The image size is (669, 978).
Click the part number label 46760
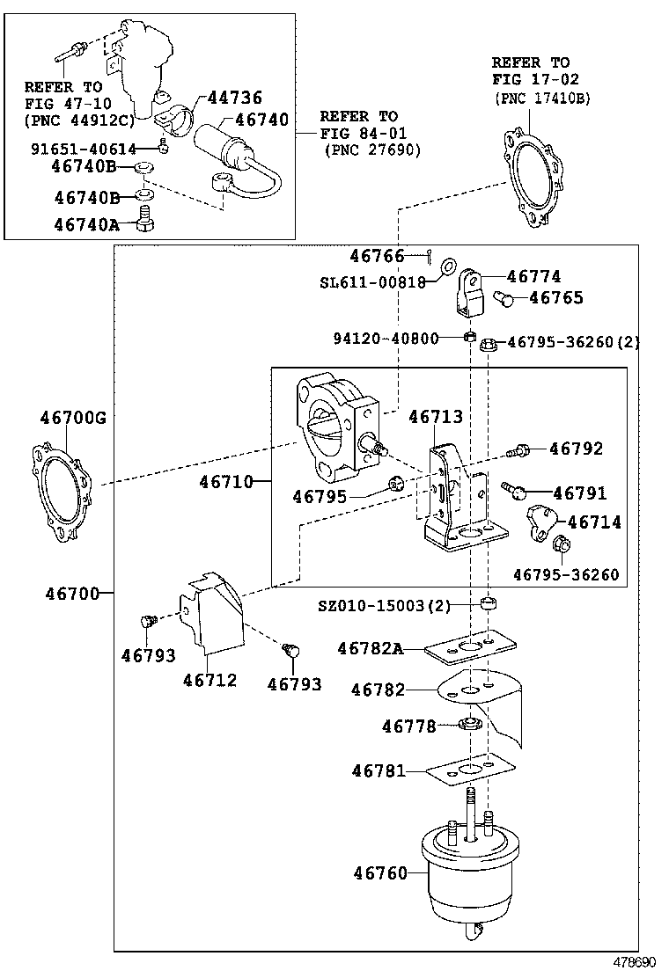(380, 873)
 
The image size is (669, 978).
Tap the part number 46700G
(72, 417)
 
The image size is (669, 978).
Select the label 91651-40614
(84, 150)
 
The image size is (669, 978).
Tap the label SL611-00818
(371, 281)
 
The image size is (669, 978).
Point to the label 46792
(576, 449)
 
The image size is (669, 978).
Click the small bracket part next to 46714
(538, 521)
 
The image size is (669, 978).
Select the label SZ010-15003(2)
(384, 606)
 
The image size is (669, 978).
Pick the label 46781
(379, 771)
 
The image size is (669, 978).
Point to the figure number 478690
(635, 964)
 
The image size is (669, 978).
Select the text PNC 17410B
(541, 99)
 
